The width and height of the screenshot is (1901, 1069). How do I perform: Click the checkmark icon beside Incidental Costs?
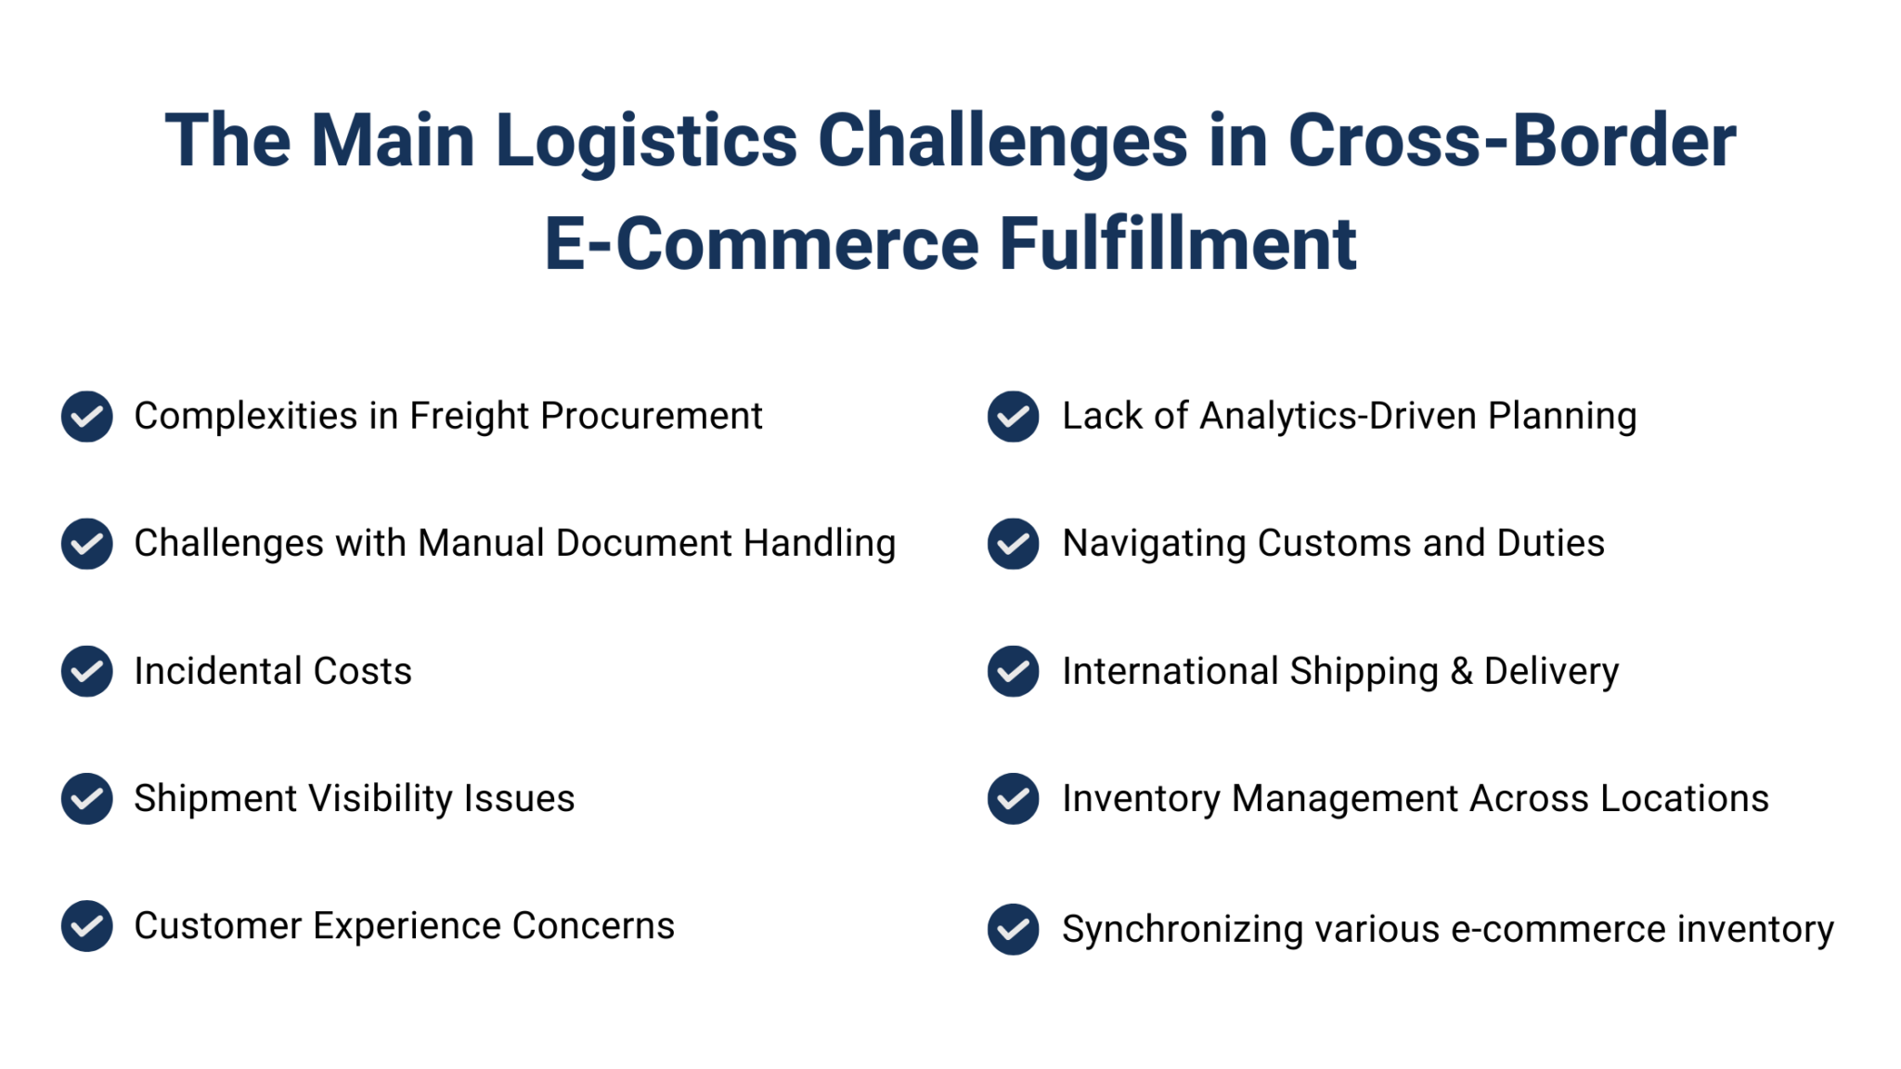point(86,671)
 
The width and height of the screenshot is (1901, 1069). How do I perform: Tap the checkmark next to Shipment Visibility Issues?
point(86,798)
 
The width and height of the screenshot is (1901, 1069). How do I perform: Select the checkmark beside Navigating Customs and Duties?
point(1013,544)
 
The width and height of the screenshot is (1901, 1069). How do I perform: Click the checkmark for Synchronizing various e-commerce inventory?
point(1013,929)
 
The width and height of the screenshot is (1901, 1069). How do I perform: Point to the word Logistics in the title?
point(646,141)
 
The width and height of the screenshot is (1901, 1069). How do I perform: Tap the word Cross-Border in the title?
point(1511,141)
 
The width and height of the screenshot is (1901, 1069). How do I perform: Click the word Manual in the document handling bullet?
point(481,544)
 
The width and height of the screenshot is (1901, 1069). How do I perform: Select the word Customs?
point(1334,544)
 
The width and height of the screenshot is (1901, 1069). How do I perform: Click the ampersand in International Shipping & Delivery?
point(1461,671)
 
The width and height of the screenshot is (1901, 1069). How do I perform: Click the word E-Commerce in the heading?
point(761,244)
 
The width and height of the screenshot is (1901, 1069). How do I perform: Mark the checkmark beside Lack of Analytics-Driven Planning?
point(1013,417)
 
